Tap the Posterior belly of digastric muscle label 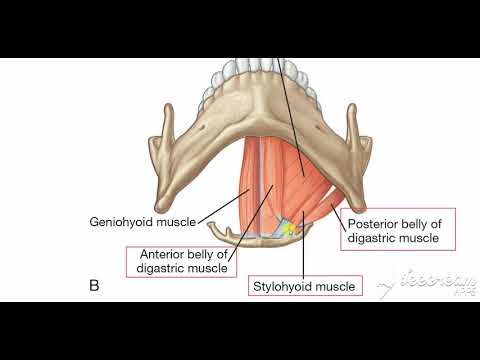pyautogui.click(x=398, y=230)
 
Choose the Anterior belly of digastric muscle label pyautogui.click(x=176, y=260)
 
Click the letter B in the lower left pyautogui.click(x=95, y=287)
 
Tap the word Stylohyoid pyautogui.click(x=280, y=287)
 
